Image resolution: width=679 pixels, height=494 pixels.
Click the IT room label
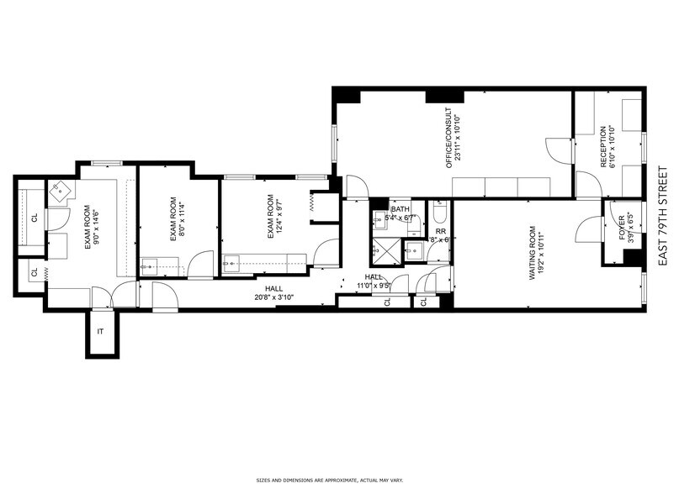[x=100, y=332]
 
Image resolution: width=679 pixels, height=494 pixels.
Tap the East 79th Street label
[x=662, y=216]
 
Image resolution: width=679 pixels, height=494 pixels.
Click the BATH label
[x=400, y=209]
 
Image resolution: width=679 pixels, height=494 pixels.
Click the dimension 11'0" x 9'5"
[x=374, y=286]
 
